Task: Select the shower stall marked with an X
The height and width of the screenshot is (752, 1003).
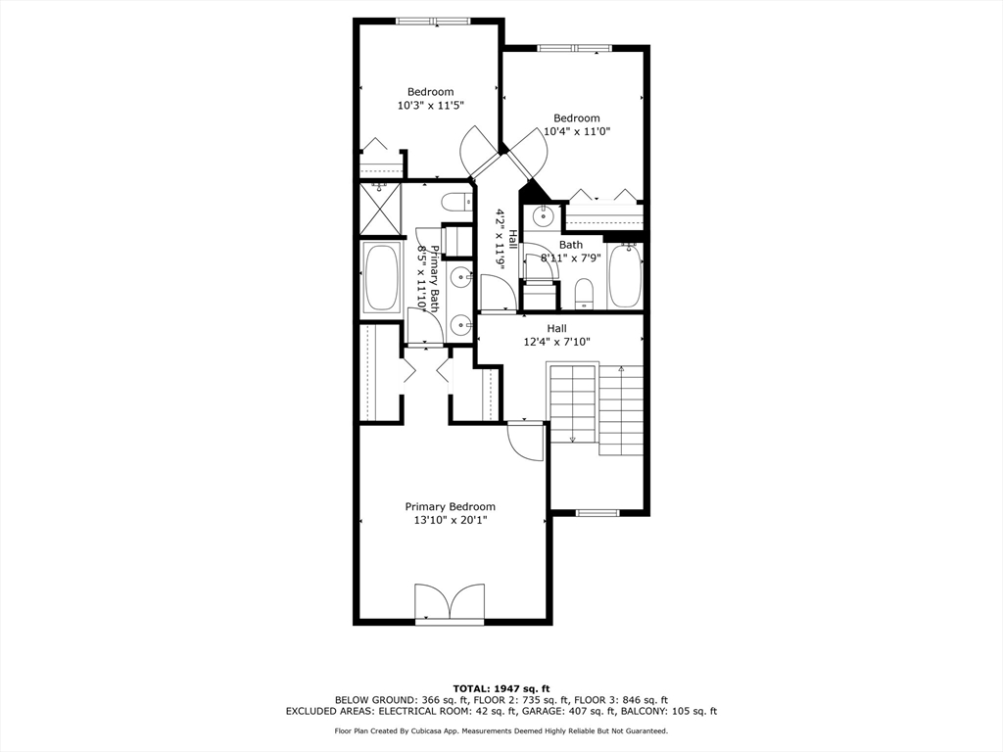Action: [x=380, y=209]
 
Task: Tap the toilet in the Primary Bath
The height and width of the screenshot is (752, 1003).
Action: [x=454, y=202]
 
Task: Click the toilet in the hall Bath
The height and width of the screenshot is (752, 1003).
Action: [x=584, y=292]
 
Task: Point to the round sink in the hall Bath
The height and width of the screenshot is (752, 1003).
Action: [x=540, y=216]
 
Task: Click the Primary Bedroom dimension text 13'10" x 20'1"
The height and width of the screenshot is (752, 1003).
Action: [x=450, y=520]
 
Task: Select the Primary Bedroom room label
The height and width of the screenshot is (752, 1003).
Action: [x=450, y=506]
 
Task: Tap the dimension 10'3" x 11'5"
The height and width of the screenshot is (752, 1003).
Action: [x=430, y=105]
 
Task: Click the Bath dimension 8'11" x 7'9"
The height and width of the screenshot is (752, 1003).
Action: [x=570, y=258]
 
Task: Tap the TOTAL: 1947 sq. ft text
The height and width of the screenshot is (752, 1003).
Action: [x=501, y=687]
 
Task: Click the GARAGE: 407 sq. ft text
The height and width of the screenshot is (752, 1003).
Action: [x=587, y=712]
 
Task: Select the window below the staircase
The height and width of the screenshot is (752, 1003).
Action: [x=597, y=511]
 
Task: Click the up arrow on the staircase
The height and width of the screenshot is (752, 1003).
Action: [x=621, y=371]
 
